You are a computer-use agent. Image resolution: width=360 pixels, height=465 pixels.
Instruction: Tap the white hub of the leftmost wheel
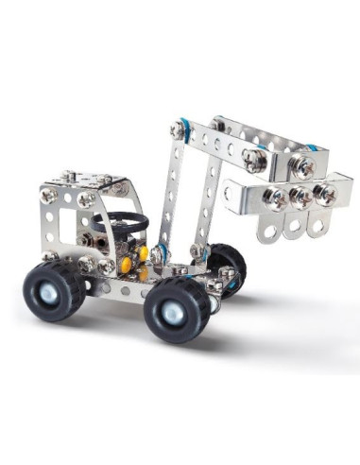[x=69, y=290]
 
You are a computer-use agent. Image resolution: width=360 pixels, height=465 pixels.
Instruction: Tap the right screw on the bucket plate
[x=326, y=194]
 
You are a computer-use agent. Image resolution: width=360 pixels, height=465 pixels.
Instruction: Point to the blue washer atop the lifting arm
[x=181, y=129]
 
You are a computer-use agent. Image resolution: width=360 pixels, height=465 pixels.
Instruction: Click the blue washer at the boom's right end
[x=309, y=150]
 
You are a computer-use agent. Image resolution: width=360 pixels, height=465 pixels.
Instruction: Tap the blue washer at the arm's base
[x=162, y=252]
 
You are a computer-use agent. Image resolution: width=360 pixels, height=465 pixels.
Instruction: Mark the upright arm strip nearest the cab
[x=171, y=189]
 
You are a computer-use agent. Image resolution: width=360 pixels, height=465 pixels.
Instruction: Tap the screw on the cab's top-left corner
[x=48, y=196]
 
